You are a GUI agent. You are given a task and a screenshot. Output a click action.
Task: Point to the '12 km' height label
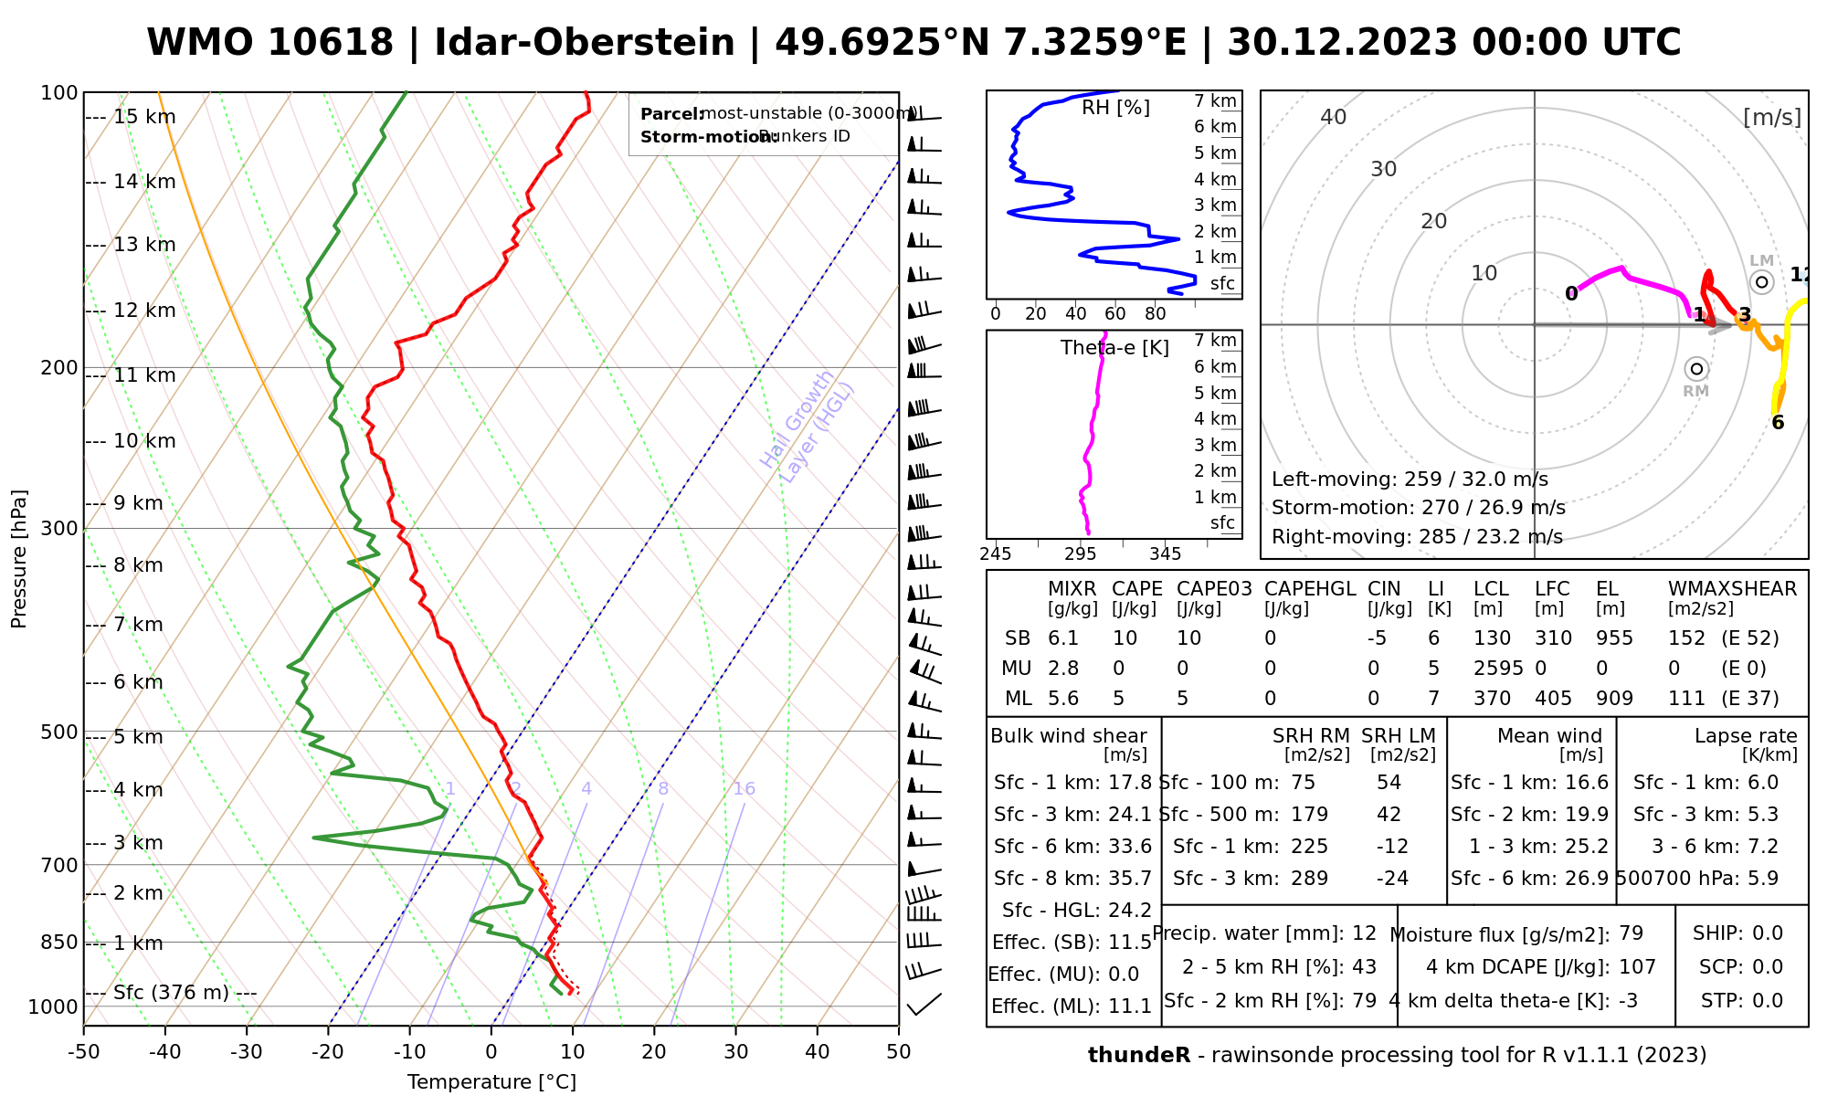point(144,311)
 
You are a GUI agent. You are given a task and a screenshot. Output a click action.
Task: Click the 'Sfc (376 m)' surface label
point(171,993)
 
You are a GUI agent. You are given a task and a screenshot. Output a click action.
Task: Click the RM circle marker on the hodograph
point(1696,369)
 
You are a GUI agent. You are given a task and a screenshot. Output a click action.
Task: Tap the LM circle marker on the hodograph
point(1761,282)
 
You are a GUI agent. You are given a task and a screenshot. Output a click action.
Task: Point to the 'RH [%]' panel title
point(1115,108)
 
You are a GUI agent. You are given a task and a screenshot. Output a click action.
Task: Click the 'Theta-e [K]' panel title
point(1114,348)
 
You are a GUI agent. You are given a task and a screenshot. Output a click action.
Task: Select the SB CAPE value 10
point(1125,638)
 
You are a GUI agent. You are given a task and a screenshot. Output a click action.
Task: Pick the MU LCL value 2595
point(1498,669)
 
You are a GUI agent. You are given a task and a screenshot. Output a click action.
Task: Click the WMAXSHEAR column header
point(1732,589)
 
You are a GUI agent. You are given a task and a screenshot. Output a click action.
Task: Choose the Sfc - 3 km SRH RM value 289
point(1309,879)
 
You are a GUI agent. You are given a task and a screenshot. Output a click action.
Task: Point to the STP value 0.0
point(1768,1001)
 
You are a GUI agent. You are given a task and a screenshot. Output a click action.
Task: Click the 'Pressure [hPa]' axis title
point(19,559)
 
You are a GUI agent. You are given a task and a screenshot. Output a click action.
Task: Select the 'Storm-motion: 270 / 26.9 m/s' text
point(1418,508)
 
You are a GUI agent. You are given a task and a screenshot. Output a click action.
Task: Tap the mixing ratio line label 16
point(744,789)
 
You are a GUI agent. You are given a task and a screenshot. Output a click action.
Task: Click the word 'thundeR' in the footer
point(1139,1056)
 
